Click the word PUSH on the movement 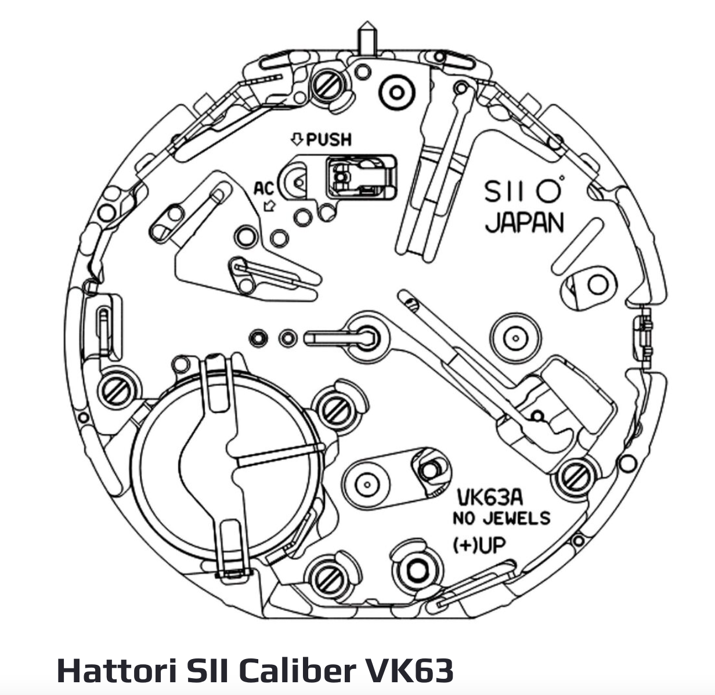point(329,139)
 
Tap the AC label point(263,189)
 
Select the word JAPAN point(524,223)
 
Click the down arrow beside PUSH point(297,139)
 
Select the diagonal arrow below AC point(269,205)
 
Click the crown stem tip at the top point(366,29)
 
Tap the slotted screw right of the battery point(333,409)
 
